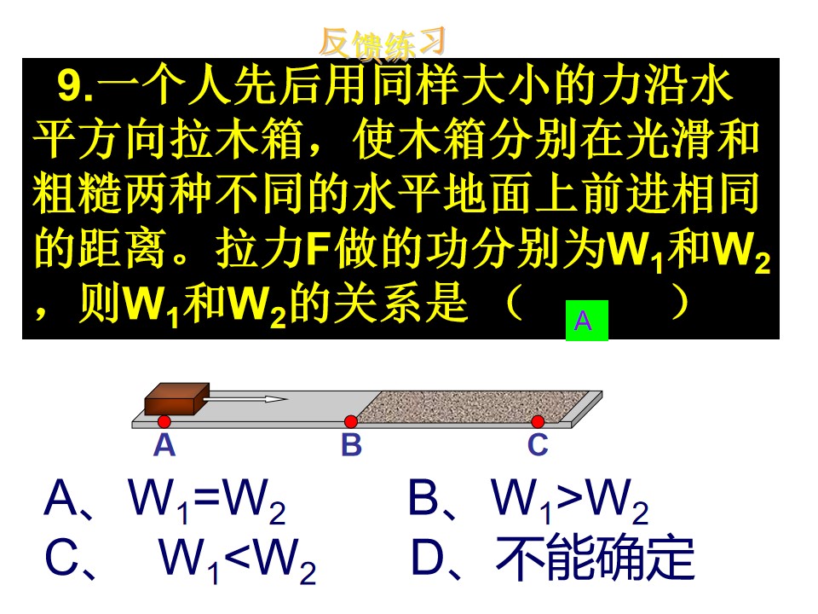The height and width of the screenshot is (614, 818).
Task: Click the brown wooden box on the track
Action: pos(177,399)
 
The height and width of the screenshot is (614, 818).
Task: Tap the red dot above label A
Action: pos(164,421)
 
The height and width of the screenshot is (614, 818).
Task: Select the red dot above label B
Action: pos(350,421)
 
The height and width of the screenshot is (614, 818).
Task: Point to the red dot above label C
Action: pos(538,421)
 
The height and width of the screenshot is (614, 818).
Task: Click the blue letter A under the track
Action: pos(164,445)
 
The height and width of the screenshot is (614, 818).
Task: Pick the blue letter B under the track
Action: pos(351,445)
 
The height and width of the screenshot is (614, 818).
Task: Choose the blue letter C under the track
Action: pos(538,445)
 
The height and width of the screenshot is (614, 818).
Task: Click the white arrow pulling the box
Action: pos(245,399)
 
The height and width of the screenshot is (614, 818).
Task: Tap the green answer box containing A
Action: pos(587,321)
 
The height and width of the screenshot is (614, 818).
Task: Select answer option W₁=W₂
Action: pos(206,500)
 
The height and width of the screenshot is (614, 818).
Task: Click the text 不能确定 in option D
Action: pos(595,558)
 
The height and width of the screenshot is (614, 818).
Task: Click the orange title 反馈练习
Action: pos(382,43)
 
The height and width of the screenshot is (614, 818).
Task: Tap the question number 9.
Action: pos(75,86)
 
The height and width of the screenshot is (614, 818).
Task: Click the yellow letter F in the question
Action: pos(318,250)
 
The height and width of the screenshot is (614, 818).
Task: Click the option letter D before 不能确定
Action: pos(427,558)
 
